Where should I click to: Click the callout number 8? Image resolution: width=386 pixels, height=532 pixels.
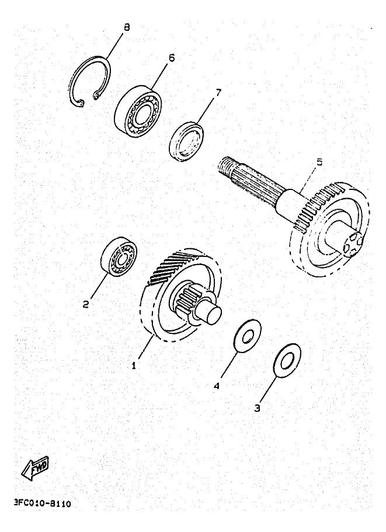tap(127, 27)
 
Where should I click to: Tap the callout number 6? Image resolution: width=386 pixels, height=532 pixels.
tap(172, 58)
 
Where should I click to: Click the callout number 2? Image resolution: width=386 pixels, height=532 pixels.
tap(86, 304)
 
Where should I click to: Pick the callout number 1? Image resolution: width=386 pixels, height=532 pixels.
tap(134, 365)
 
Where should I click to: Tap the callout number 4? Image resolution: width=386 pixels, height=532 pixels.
tap(217, 385)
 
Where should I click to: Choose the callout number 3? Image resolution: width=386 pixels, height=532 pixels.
tap(257, 408)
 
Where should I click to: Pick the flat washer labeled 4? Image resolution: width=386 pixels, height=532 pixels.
tap(247, 336)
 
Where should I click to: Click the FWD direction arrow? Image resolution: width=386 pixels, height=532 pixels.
tap(35, 468)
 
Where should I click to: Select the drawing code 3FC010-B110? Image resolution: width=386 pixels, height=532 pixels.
tap(41, 503)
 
